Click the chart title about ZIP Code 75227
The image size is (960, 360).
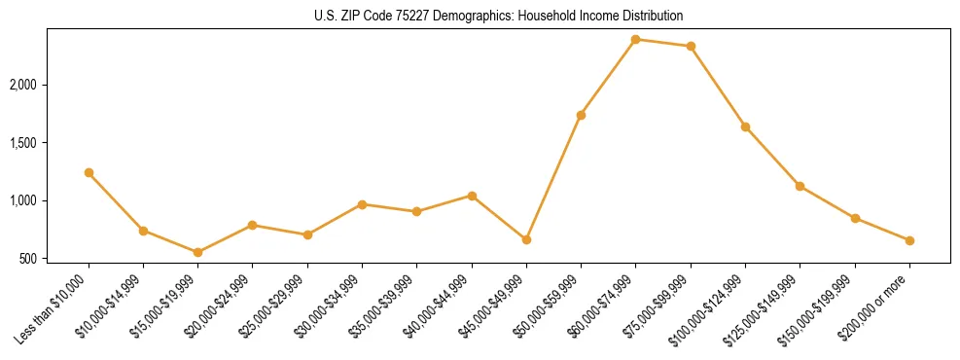point(499,16)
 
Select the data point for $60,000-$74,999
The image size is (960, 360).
point(636,39)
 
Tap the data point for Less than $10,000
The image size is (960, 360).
point(89,172)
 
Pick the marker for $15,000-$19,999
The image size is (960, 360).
point(198,252)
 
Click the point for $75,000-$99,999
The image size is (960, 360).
point(691,46)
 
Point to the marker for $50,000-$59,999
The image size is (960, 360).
point(581,115)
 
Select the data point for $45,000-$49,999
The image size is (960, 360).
point(526,239)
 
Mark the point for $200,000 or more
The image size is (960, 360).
point(909,240)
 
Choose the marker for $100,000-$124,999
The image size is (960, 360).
point(745,126)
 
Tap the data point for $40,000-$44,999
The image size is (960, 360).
point(472,196)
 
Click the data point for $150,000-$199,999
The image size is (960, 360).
point(855,218)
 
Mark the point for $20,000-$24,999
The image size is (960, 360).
point(253,225)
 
